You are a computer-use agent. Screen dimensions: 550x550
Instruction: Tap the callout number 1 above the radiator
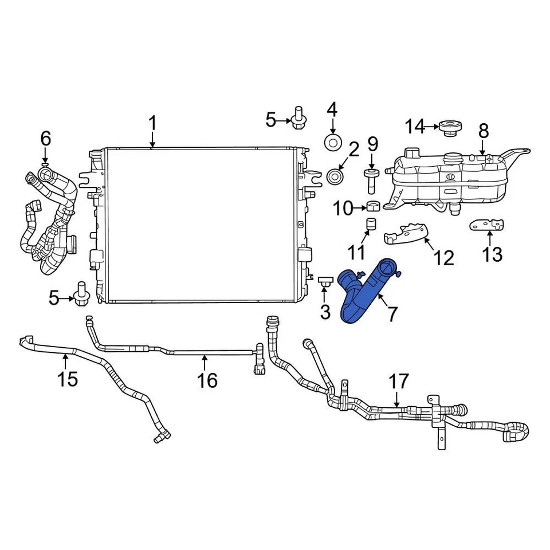(x=152, y=123)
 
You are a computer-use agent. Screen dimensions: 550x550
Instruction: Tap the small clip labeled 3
(x=325, y=281)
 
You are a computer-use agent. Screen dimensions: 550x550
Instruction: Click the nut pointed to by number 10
(x=373, y=207)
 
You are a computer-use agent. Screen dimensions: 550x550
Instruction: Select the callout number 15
(x=68, y=379)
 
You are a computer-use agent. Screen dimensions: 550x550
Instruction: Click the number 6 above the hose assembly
(x=46, y=139)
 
